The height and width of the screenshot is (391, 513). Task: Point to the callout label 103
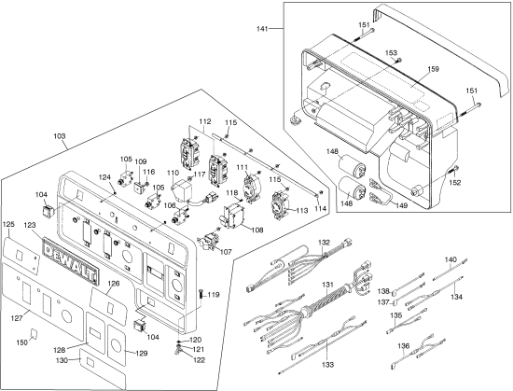click(59, 137)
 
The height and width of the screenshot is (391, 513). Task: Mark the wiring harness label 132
click(324, 242)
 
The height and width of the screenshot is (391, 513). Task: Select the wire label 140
click(451, 259)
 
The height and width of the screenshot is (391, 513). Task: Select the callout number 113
click(300, 211)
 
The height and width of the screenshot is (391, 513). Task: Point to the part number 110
click(173, 175)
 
